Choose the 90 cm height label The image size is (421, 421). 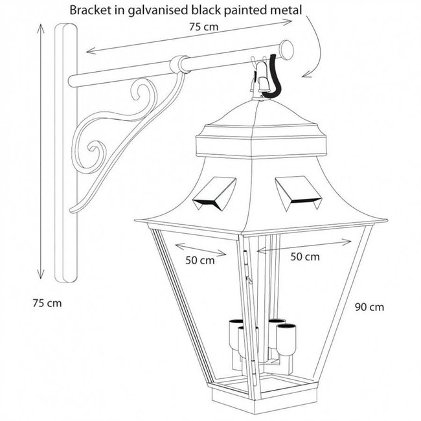[x=370, y=307]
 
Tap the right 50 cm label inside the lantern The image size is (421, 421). [x=304, y=256]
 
